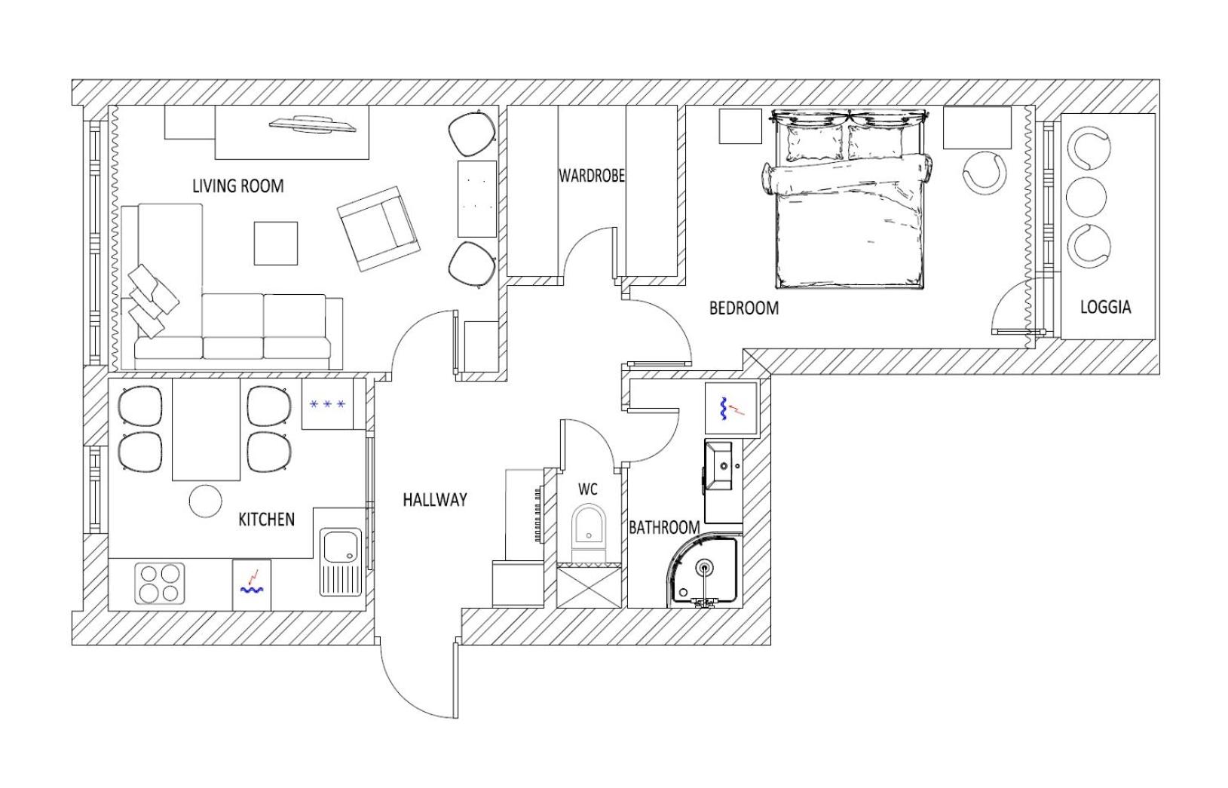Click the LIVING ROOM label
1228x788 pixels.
click(238, 186)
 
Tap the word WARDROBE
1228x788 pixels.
click(592, 176)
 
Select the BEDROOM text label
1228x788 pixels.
click(744, 308)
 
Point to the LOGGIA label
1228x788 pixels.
click(1105, 307)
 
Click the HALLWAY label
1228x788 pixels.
click(435, 499)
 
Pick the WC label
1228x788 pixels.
click(588, 489)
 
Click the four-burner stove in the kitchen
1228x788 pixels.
click(160, 584)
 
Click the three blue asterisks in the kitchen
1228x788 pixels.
click(327, 404)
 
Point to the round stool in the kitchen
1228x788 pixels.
click(206, 501)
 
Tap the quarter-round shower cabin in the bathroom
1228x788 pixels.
click(704, 572)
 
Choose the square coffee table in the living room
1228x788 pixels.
click(276, 244)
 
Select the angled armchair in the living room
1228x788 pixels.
click(379, 228)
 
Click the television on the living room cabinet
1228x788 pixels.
click(313, 124)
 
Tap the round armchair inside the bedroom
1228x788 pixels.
click(985, 172)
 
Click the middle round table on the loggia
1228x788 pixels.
click(1086, 197)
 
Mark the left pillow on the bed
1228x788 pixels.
click(815, 143)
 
